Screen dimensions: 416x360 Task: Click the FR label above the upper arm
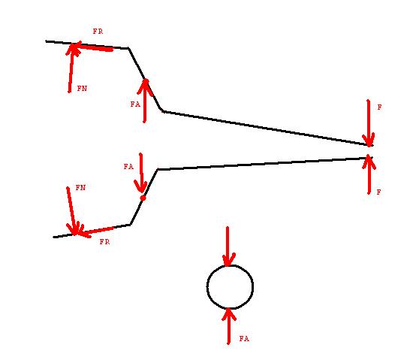pos(98,32)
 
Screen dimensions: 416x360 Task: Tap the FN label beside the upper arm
pos(82,88)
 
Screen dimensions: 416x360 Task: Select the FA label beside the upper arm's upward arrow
pos(135,104)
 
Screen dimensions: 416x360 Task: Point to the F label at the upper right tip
pos(379,107)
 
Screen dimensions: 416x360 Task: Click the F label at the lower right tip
pos(379,192)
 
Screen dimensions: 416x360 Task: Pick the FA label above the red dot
pos(128,167)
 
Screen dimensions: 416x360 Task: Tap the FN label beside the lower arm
pos(80,188)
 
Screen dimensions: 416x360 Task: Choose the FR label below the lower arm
pos(104,241)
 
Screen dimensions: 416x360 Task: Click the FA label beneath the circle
pos(244,338)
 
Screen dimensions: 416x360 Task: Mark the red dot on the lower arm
pos(143,198)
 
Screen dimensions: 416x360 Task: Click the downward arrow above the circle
pos(228,247)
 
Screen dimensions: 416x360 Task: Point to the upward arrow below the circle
pos(228,326)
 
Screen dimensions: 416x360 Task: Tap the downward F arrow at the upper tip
pos(368,123)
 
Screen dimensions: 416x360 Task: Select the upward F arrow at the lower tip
pos(369,174)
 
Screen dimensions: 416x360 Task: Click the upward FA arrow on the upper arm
pos(145,101)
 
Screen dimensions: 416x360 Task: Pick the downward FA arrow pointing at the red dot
pos(141,173)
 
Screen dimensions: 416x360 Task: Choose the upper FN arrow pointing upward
pos(71,68)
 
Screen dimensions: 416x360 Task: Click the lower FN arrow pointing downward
pos(72,211)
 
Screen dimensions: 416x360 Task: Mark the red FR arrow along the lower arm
pos(95,231)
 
